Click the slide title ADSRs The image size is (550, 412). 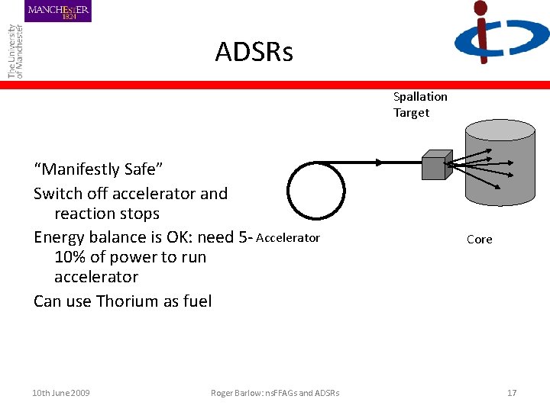tap(254, 53)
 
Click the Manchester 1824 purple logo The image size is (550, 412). tap(58, 11)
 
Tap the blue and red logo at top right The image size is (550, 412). tap(500, 33)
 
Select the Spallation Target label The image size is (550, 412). tap(419, 105)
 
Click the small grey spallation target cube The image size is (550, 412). tap(434, 166)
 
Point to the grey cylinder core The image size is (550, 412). tap(500, 191)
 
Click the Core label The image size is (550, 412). tap(479, 240)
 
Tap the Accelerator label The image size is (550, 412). tap(288, 238)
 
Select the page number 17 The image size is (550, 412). tap(512, 393)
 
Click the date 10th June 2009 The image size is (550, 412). tap(61, 393)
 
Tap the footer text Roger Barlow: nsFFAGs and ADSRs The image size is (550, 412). tap(275, 393)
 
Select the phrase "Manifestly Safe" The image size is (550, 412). tap(99, 169)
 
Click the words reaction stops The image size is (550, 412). tap(107, 214)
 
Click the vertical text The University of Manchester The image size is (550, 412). tap(15, 50)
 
